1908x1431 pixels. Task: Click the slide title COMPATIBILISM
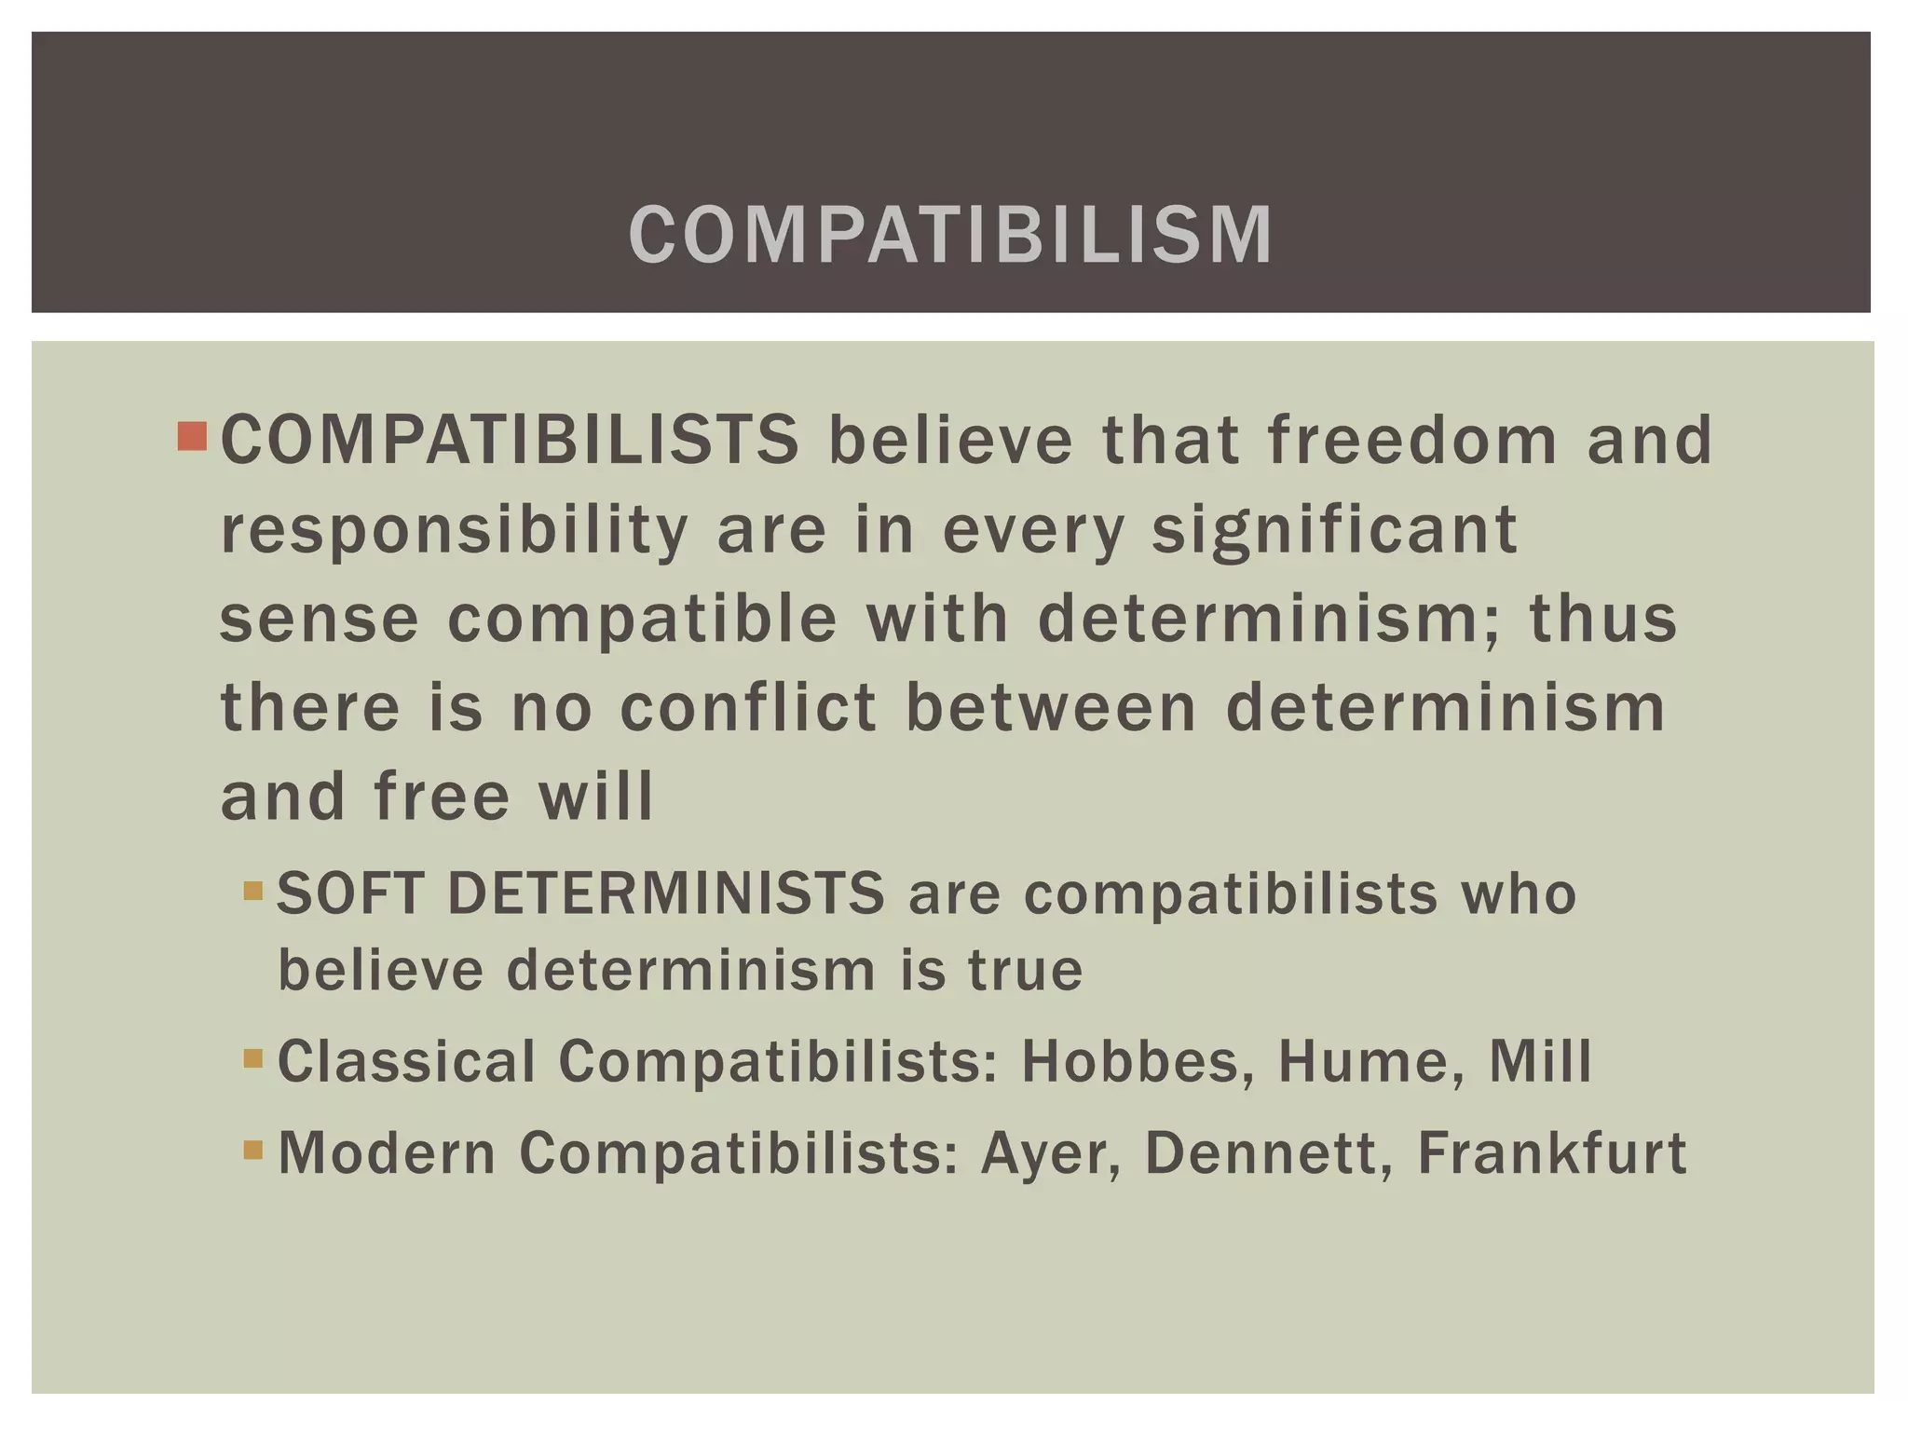(x=951, y=235)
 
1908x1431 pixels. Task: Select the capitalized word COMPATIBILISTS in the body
(x=510, y=440)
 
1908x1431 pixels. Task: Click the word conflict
(x=748, y=707)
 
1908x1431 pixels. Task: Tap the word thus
(x=1602, y=619)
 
